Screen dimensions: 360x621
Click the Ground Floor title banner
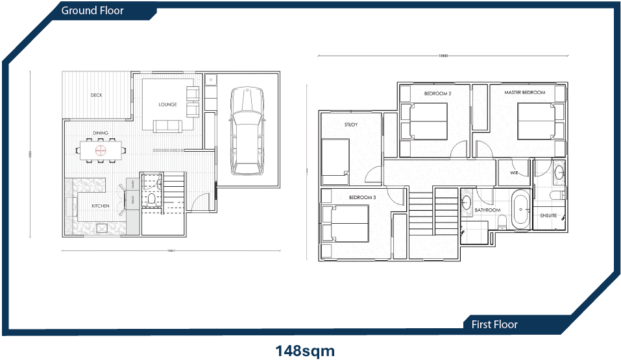point(92,10)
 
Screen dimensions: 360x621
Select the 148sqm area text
point(305,351)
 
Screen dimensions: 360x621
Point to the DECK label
point(96,95)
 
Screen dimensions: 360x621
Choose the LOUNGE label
point(167,104)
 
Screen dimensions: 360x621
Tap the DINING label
point(101,134)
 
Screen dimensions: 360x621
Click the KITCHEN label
point(100,206)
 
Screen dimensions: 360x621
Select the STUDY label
point(350,125)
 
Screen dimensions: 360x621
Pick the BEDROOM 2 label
point(437,93)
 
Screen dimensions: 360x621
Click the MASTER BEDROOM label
point(526,93)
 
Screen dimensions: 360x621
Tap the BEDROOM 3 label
point(362,197)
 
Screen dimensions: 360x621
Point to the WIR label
point(514,173)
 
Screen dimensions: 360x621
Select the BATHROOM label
point(487,210)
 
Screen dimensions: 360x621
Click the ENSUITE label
point(548,215)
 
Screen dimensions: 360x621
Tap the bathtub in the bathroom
point(520,210)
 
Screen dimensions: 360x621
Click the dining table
point(101,150)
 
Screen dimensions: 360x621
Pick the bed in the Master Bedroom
point(538,121)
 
